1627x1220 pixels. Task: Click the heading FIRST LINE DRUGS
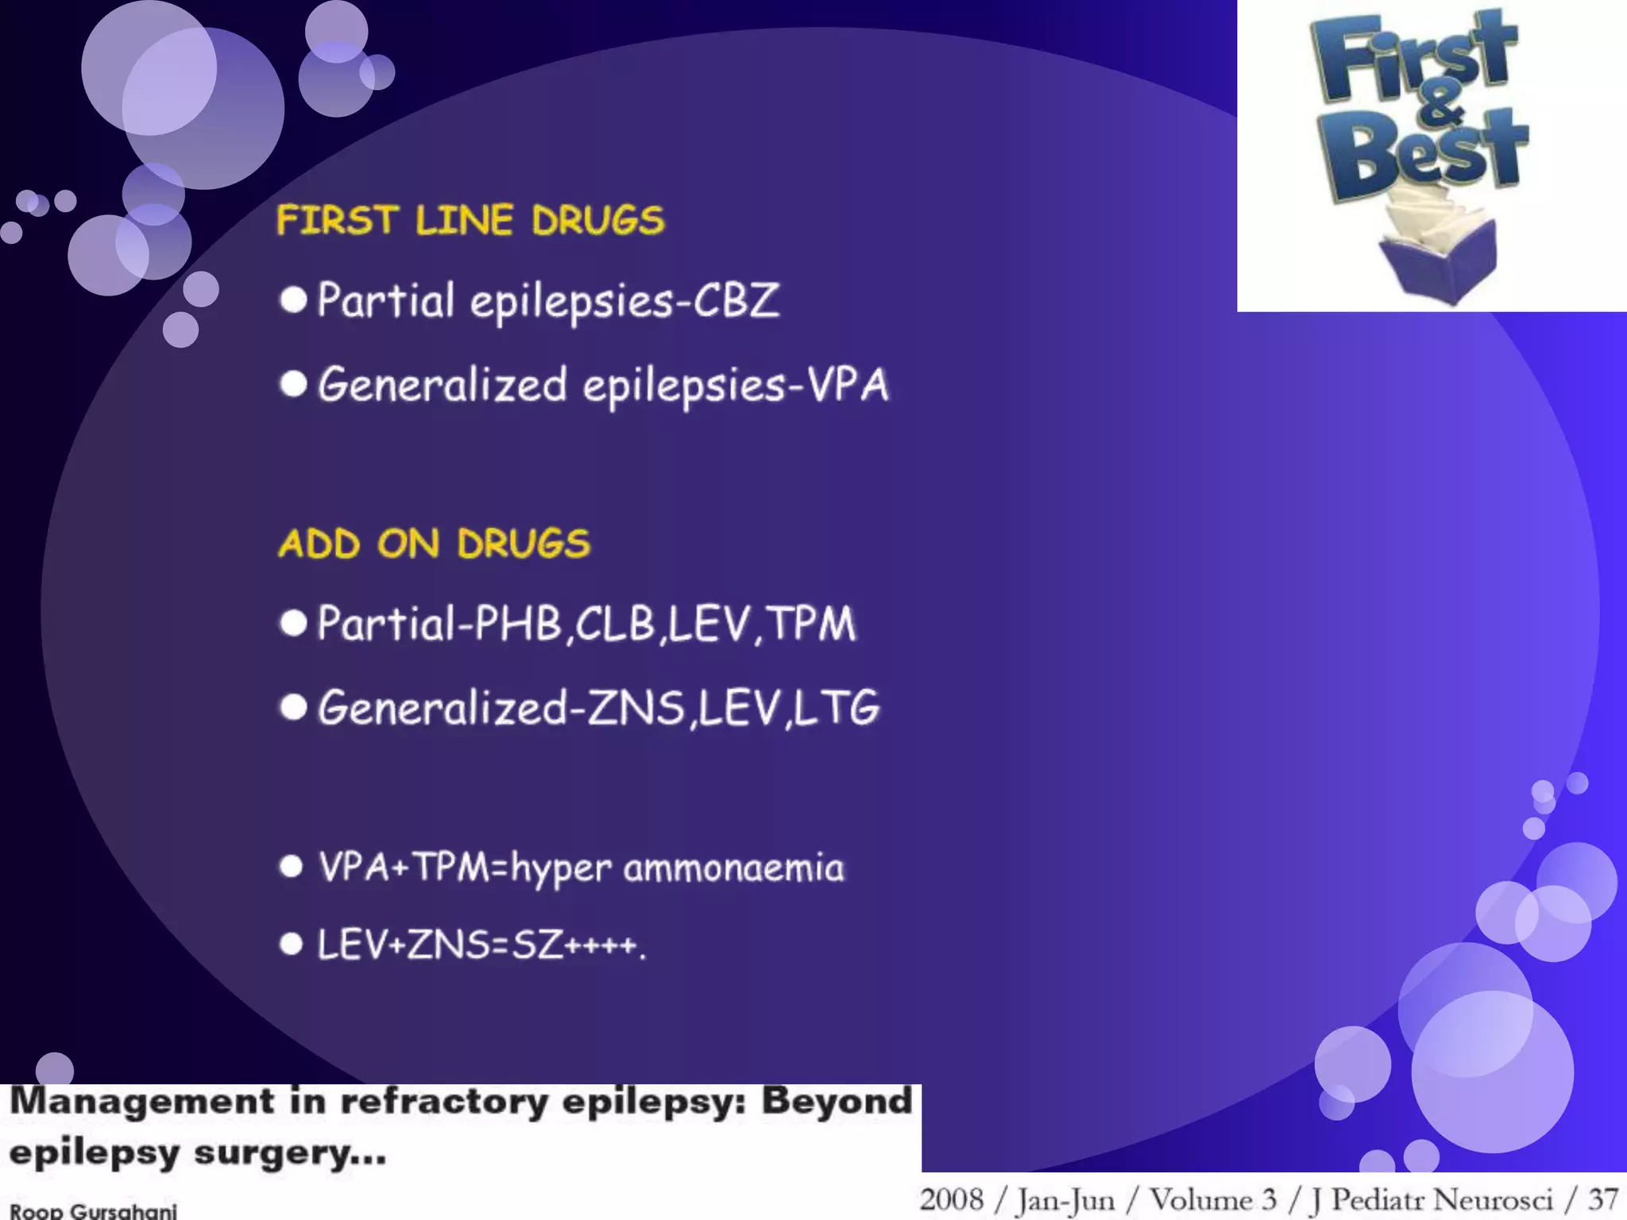470,220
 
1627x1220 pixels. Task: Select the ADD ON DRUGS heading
434,544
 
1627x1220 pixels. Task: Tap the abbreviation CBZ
736,301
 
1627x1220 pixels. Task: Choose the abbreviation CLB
615,624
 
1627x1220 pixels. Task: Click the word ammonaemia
733,867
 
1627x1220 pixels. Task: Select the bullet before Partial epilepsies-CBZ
293,300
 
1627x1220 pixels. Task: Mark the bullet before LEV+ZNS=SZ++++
292,944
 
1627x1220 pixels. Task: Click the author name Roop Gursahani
93,1210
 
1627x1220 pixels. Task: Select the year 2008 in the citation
951,1199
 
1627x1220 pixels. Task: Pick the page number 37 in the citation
1602,1199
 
